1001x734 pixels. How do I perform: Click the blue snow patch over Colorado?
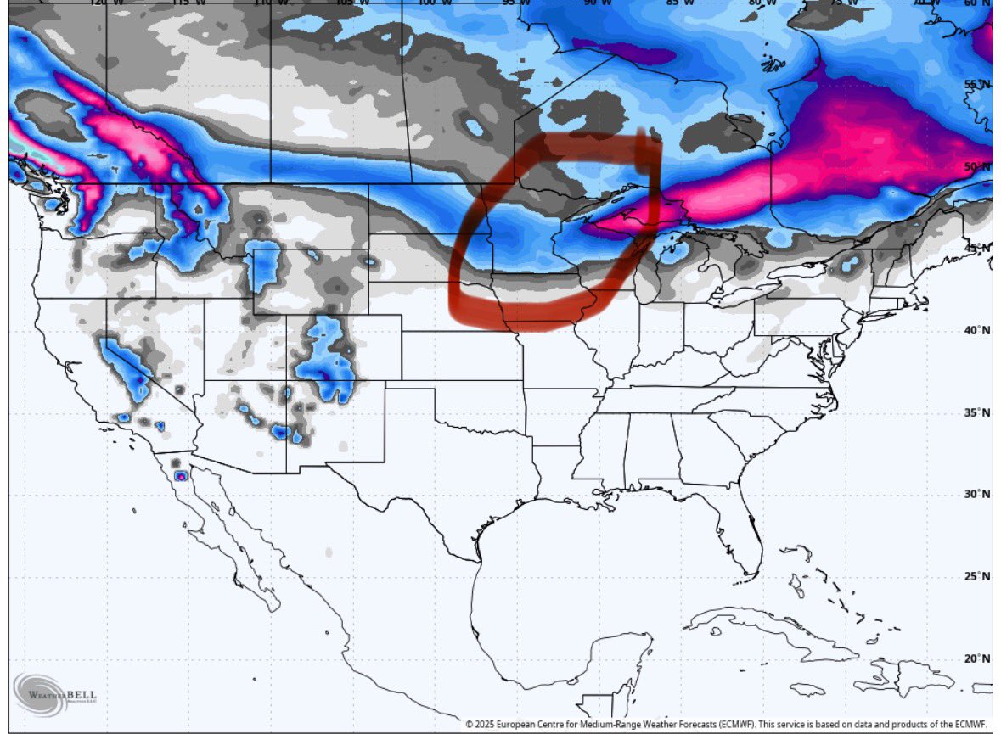(x=327, y=361)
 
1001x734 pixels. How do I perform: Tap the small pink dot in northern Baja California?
(x=180, y=476)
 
